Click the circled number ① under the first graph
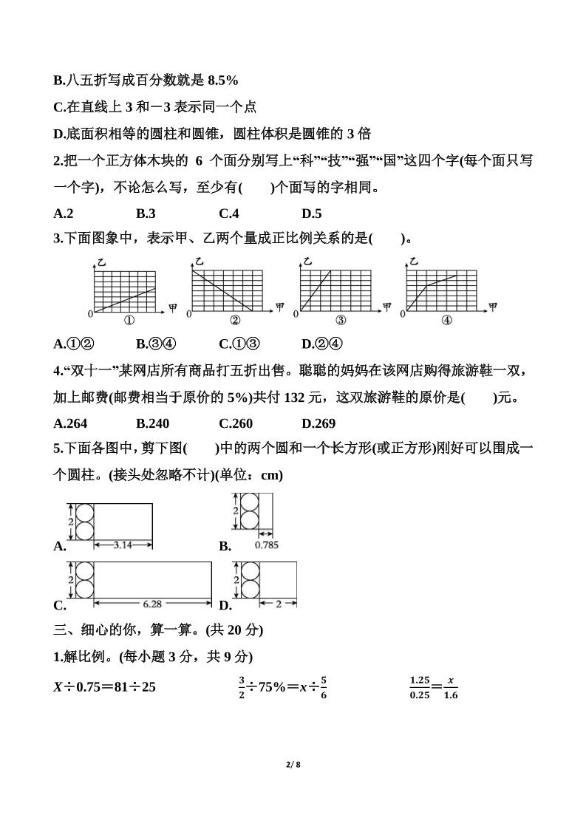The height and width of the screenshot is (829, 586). click(129, 321)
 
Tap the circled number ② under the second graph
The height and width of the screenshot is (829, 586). click(235, 321)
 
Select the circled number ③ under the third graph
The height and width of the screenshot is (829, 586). click(341, 321)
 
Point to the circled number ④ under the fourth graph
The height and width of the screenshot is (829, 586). click(446, 321)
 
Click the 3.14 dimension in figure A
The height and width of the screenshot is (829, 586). click(123, 545)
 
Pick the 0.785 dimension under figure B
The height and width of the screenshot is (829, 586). click(266, 545)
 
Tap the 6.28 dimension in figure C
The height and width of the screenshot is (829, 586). click(152, 604)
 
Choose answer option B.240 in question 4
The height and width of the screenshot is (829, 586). click(153, 423)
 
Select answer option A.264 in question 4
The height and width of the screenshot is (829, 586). click(70, 423)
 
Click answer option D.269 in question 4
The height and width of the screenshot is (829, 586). click(318, 423)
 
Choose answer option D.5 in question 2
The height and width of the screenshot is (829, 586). click(311, 214)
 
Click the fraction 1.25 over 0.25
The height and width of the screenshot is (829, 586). click(420, 686)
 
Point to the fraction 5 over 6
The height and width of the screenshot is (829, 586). click(324, 686)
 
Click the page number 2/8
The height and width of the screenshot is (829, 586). click(293, 764)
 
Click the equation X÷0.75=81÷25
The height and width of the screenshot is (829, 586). click(104, 686)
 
